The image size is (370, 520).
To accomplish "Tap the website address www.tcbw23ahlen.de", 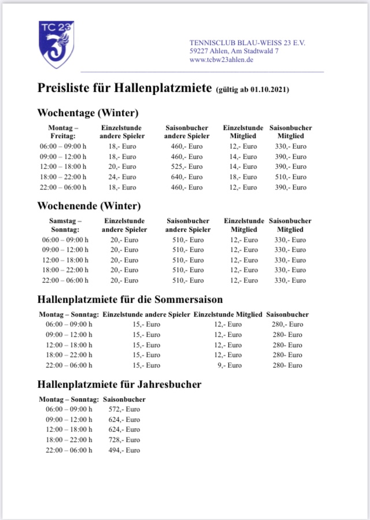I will (x=221, y=60).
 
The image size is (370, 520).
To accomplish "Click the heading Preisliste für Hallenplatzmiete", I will (x=124, y=88).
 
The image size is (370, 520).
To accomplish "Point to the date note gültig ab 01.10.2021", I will (x=252, y=90).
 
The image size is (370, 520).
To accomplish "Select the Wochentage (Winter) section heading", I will (x=88, y=113).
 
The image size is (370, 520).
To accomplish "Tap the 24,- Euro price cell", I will (x=123, y=177).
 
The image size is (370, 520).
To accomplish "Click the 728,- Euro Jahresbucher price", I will (x=124, y=440).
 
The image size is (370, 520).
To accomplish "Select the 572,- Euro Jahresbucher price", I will (x=124, y=409).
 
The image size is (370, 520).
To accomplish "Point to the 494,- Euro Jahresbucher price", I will (x=124, y=450).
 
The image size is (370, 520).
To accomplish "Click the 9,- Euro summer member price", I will (x=230, y=365).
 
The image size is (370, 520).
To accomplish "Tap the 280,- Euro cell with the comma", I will (x=287, y=324).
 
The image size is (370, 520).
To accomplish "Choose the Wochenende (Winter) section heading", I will (x=89, y=206).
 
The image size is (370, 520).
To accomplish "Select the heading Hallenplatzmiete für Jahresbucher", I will (x=119, y=384).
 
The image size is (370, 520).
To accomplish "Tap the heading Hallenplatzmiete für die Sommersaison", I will (x=130, y=300).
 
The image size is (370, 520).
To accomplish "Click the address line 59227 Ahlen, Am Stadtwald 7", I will (x=234, y=51).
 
